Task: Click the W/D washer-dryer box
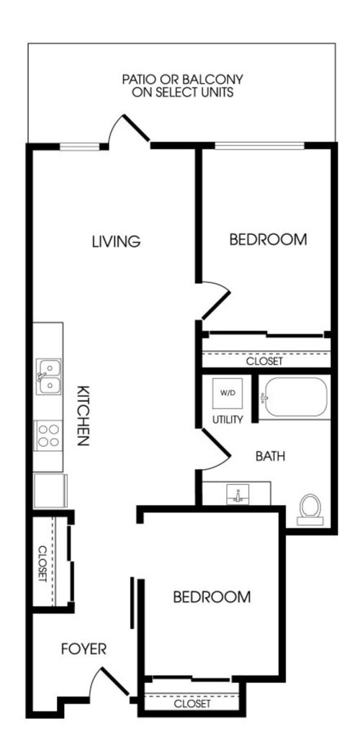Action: point(228,393)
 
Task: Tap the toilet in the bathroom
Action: point(310,509)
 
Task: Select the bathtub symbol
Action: point(294,397)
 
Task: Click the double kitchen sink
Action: point(49,377)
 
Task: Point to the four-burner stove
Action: point(48,435)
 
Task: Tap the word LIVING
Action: point(116,241)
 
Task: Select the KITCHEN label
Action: point(84,416)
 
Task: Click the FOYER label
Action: point(84,649)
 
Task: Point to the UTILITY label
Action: point(228,419)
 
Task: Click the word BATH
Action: point(270,456)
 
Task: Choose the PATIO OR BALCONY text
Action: point(183,79)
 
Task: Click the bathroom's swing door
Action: point(215,450)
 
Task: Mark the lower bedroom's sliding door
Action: point(132,602)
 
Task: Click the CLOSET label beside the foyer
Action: point(42,563)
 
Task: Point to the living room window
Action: point(80,146)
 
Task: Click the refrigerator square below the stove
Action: point(50,491)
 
